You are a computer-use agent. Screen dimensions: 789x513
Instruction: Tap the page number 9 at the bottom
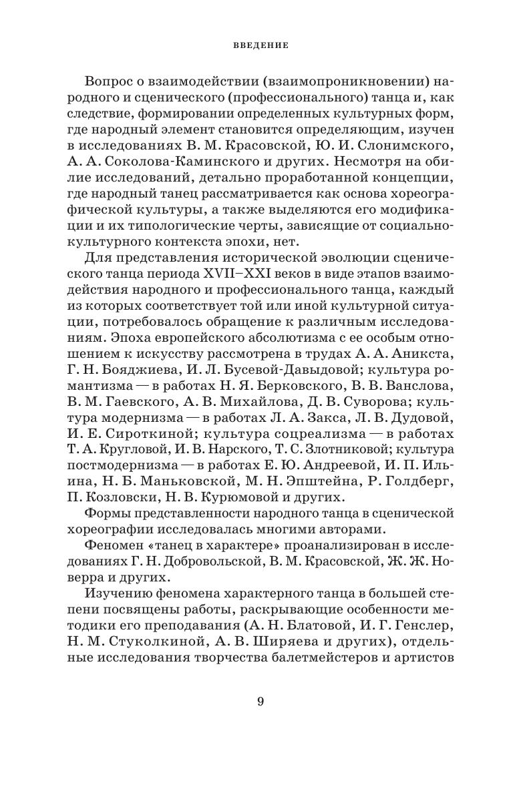(x=261, y=701)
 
